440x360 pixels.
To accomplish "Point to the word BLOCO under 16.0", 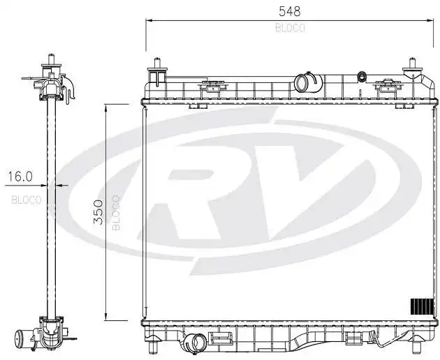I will click(x=27, y=199).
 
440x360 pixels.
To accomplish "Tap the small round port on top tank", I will click(x=361, y=76).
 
